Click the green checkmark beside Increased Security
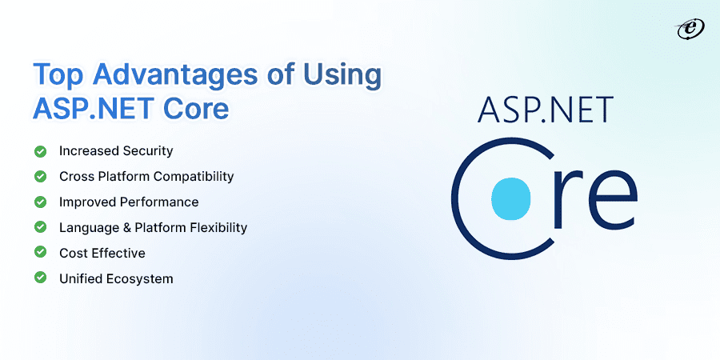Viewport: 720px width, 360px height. [39, 150]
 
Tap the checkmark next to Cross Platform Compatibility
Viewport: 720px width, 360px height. [39, 176]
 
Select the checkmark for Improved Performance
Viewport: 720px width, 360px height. [39, 202]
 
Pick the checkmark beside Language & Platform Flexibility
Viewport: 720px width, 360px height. [39, 227]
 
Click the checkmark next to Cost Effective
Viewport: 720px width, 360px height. [39, 253]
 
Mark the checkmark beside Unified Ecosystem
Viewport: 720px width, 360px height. [39, 278]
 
